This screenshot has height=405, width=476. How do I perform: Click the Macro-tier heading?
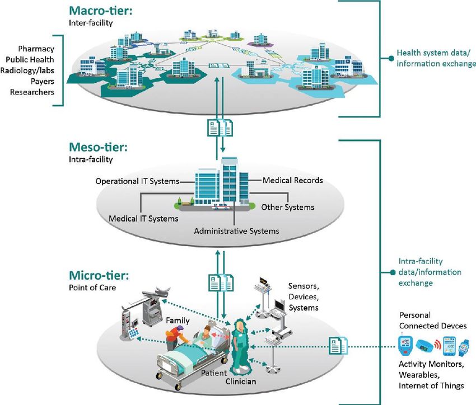point(100,11)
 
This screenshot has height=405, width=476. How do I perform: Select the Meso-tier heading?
point(98,147)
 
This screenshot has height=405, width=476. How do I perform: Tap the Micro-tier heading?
point(99,276)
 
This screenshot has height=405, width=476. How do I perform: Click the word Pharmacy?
point(36,49)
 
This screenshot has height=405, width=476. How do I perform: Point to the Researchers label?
point(32,92)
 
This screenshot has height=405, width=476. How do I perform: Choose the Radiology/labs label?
point(27,70)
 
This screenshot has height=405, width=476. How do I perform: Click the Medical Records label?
point(293,180)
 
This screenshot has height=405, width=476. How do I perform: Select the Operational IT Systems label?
point(138,181)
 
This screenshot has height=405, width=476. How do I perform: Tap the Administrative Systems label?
point(236,231)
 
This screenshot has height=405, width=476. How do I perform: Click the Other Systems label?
point(288,208)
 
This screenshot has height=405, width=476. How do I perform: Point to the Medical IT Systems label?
point(143,219)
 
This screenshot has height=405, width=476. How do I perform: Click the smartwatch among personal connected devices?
point(464,348)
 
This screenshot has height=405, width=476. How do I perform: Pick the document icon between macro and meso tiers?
point(220,128)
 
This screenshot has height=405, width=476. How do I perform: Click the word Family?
point(178,321)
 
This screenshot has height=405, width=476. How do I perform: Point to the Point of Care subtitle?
point(92,288)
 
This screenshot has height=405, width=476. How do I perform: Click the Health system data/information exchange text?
point(436,58)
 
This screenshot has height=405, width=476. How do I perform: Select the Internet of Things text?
point(431,385)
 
